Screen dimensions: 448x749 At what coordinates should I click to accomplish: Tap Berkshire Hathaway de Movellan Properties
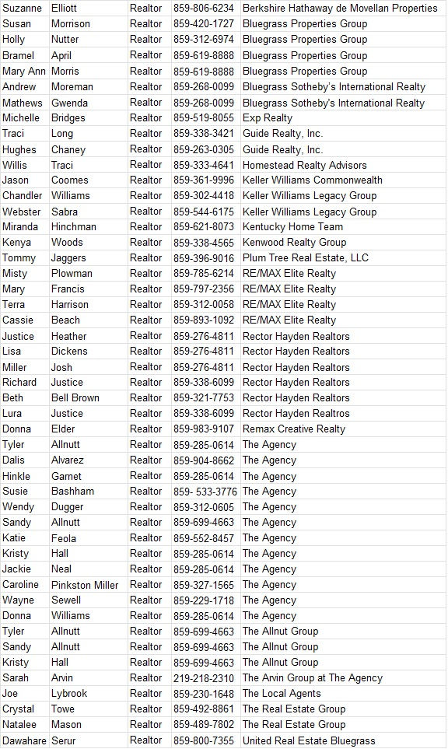(340, 8)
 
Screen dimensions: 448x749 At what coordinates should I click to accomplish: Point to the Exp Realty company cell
(268, 117)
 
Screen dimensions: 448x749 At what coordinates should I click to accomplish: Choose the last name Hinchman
(74, 226)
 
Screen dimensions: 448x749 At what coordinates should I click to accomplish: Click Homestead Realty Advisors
(304, 165)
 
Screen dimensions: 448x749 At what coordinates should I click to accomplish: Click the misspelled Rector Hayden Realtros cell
(296, 413)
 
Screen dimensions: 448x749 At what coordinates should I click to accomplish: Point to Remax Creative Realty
(293, 429)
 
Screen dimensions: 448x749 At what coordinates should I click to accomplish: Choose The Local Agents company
(282, 693)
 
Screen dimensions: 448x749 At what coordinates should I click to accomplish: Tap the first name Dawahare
(24, 740)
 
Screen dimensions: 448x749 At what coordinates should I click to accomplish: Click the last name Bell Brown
(75, 397)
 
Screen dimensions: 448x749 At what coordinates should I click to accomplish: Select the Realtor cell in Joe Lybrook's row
(146, 693)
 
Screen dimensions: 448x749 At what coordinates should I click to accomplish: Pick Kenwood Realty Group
(294, 242)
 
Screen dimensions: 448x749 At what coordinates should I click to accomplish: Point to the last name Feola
(65, 537)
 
